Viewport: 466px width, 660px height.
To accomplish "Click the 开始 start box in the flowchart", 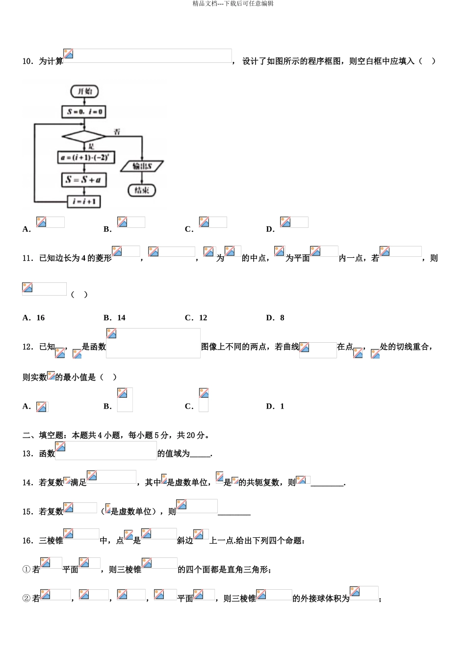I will pos(84,91).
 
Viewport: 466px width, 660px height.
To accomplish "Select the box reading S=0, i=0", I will pos(84,112).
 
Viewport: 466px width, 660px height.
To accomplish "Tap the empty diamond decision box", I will pos(84,136).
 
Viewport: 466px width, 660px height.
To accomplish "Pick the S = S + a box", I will pos(83,180).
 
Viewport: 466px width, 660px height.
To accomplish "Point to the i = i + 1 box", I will pos(84,201).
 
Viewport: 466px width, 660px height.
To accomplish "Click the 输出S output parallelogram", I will pos(142,166).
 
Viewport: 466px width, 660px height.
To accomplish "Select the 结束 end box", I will pos(142,190).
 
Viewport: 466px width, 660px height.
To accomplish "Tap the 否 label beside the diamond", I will pos(117,132).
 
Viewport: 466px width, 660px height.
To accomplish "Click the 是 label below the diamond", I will pos(91,146).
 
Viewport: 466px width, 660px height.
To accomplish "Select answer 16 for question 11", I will pos(40,318).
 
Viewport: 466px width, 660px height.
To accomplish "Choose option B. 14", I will pos(115,318).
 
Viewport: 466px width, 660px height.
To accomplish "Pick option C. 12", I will pos(196,318).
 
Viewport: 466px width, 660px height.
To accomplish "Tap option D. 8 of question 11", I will pos(275,318).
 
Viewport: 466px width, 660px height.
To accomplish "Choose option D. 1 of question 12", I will pos(275,406).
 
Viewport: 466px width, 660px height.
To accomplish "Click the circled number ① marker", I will pos(26,570).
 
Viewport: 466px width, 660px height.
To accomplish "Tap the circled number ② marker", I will pos(26,599).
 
